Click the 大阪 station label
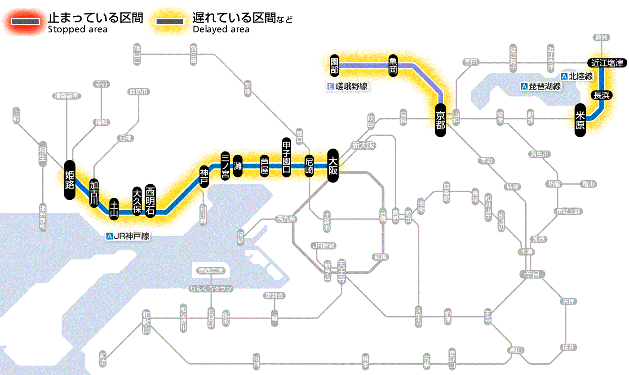(x=333, y=165)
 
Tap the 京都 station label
(x=440, y=120)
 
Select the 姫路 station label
(x=70, y=180)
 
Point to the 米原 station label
(x=580, y=120)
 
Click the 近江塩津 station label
(x=607, y=63)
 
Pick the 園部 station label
(x=334, y=66)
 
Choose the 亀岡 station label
(x=393, y=66)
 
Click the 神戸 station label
(x=204, y=177)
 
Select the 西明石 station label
(x=151, y=201)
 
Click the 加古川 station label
(x=94, y=193)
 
